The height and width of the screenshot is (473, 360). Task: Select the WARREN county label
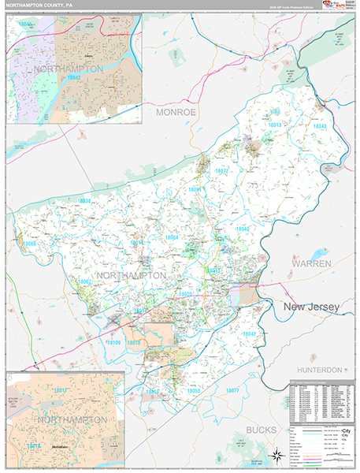(x=311, y=263)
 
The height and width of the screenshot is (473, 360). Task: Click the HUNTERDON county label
(x=320, y=370)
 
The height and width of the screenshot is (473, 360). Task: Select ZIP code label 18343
(x=319, y=126)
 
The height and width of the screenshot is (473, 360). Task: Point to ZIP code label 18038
(x=85, y=201)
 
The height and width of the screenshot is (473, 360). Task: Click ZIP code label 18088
(x=30, y=244)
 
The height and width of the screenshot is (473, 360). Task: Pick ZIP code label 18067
(x=85, y=281)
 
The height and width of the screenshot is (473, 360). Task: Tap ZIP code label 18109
(x=113, y=342)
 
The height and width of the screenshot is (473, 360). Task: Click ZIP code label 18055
(x=193, y=390)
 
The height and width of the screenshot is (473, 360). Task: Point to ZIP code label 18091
(x=195, y=189)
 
